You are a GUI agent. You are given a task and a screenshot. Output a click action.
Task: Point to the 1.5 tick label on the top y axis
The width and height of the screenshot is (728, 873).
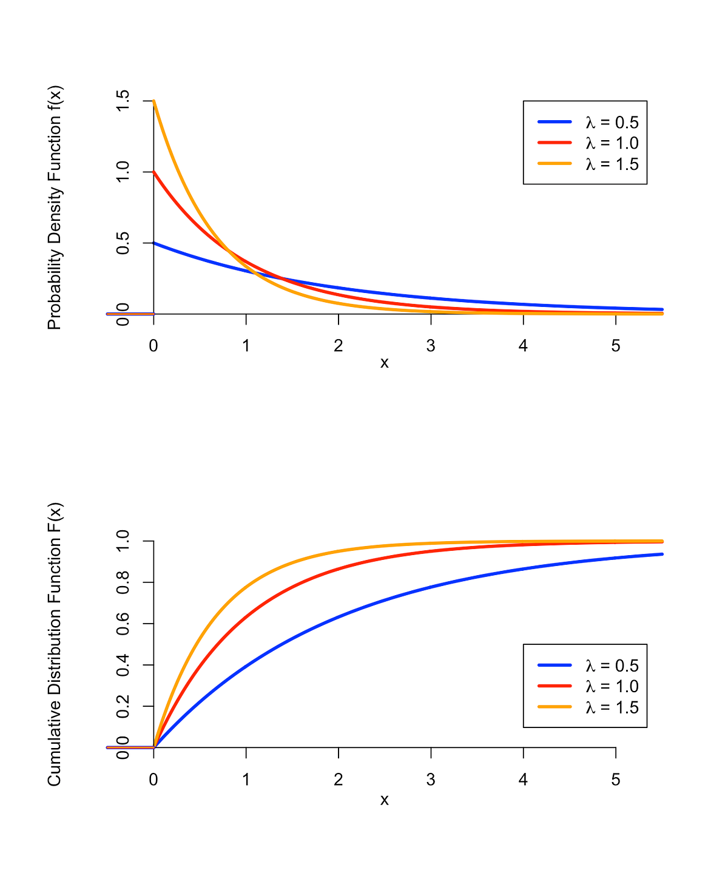(123, 101)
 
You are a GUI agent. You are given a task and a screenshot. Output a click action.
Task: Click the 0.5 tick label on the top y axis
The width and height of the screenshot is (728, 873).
(123, 243)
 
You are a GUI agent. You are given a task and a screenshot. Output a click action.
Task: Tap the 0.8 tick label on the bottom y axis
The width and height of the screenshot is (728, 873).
(123, 582)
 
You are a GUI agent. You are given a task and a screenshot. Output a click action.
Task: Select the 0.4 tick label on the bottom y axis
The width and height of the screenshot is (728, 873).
(123, 665)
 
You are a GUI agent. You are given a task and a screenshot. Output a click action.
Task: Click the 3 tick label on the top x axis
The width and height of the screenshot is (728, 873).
(431, 346)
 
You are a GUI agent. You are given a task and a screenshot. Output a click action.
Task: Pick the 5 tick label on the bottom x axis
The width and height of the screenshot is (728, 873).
(616, 780)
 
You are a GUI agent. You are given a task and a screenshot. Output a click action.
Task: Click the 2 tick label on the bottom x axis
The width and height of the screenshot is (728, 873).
(339, 780)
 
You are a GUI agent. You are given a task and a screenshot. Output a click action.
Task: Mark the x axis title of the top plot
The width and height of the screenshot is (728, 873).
(384, 363)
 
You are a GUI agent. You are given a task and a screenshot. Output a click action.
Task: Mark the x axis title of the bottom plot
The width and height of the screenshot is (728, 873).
(384, 800)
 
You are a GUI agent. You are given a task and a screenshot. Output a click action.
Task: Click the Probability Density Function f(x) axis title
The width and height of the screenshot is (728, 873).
(55, 207)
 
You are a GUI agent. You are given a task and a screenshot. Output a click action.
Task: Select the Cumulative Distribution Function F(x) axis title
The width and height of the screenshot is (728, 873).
(55, 644)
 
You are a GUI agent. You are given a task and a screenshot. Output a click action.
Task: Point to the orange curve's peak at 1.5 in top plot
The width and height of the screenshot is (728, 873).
(154, 101)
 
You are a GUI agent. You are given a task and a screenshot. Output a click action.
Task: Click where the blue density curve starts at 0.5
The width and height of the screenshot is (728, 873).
(154, 243)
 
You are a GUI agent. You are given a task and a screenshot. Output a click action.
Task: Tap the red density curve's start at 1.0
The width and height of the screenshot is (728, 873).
(154, 172)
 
